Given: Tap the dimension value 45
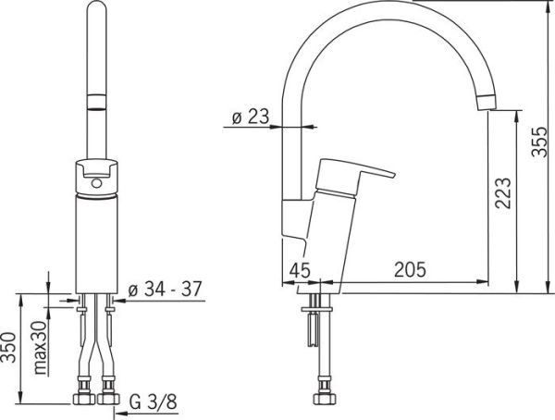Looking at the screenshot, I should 299,270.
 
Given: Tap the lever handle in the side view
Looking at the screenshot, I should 356,175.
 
